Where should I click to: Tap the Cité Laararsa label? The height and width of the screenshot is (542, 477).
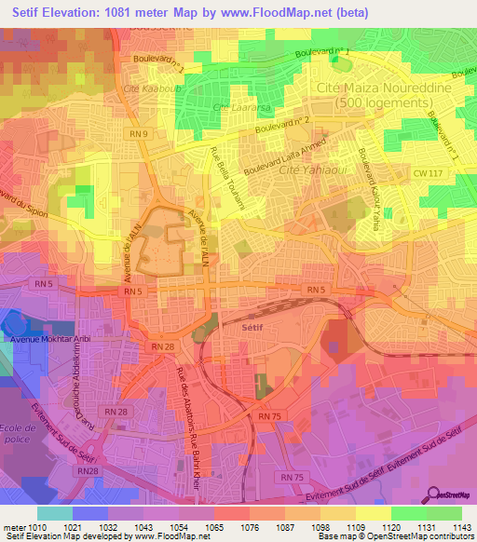[235, 109]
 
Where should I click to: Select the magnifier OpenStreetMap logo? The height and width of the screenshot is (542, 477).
[434, 497]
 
